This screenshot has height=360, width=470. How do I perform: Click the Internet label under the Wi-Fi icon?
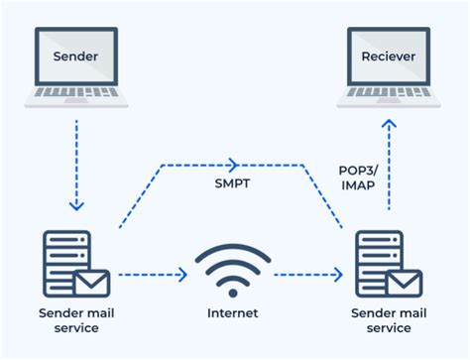point(233,312)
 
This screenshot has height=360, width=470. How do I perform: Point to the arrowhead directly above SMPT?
point(234,164)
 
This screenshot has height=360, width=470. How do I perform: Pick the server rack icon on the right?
point(374,262)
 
